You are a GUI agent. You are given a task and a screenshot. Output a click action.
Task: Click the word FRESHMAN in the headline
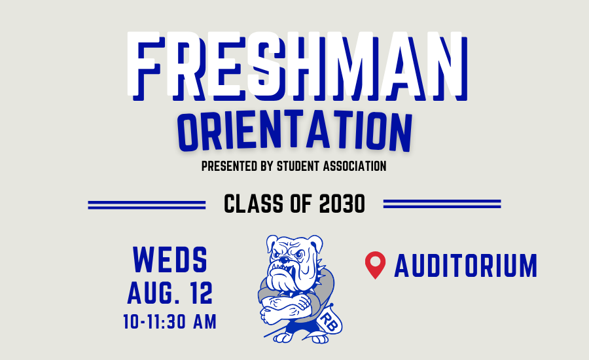(x=297, y=65)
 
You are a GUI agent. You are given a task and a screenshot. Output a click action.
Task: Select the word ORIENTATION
(x=294, y=131)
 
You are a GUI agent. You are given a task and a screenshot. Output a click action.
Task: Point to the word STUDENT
(x=298, y=166)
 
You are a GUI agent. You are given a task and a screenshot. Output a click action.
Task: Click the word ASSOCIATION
(x=355, y=166)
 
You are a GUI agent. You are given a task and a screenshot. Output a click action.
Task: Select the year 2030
(x=342, y=204)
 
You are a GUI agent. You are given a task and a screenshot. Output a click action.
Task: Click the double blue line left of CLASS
(x=147, y=205)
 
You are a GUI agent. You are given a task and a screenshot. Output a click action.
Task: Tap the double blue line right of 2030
(x=442, y=204)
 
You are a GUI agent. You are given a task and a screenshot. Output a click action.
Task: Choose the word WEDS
(x=170, y=259)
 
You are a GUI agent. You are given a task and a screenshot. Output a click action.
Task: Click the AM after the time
(x=205, y=321)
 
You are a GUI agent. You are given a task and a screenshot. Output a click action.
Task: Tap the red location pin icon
(x=375, y=264)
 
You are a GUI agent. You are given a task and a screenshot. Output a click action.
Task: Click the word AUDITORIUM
(x=466, y=266)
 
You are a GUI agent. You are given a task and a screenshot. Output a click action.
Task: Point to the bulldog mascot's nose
(x=285, y=260)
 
